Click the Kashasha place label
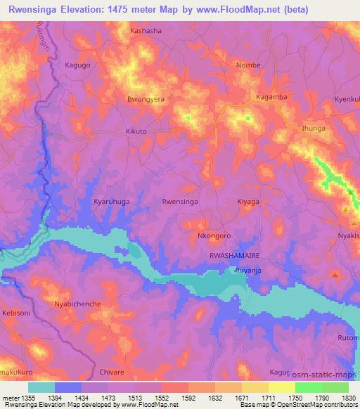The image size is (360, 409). pyautogui.click(x=146, y=32)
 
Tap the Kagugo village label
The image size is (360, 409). pyautogui.click(x=77, y=65)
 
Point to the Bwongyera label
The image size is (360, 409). pyautogui.click(x=146, y=100)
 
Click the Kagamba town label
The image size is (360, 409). pyautogui.click(x=271, y=97)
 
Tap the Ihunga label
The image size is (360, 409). pyautogui.click(x=313, y=129)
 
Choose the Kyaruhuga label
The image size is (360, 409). pyautogui.click(x=112, y=201)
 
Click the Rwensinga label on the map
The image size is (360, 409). pyautogui.click(x=180, y=201)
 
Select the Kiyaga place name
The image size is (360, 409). pyautogui.click(x=248, y=201)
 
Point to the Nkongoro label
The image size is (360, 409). pyautogui.click(x=214, y=235)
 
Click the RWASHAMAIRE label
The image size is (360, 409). pyautogui.click(x=233, y=256)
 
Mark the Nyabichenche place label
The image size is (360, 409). pyautogui.click(x=78, y=304)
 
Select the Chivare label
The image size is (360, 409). pyautogui.click(x=112, y=372)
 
